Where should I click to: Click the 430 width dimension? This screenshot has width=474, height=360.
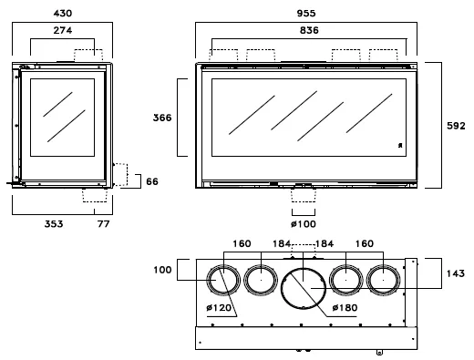click(63, 14)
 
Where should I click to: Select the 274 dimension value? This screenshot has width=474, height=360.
click(63, 30)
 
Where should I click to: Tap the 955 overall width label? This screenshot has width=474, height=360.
click(306, 14)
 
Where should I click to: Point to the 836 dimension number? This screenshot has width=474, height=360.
click(309, 30)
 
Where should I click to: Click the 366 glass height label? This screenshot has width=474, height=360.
click(162, 118)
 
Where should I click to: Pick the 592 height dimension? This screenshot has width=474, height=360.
click(456, 126)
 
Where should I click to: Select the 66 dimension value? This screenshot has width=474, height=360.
click(152, 181)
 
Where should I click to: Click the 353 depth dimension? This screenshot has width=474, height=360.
click(54, 224)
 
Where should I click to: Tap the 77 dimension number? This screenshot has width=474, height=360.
click(103, 224)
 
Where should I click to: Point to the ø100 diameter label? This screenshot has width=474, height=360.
click(304, 224)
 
